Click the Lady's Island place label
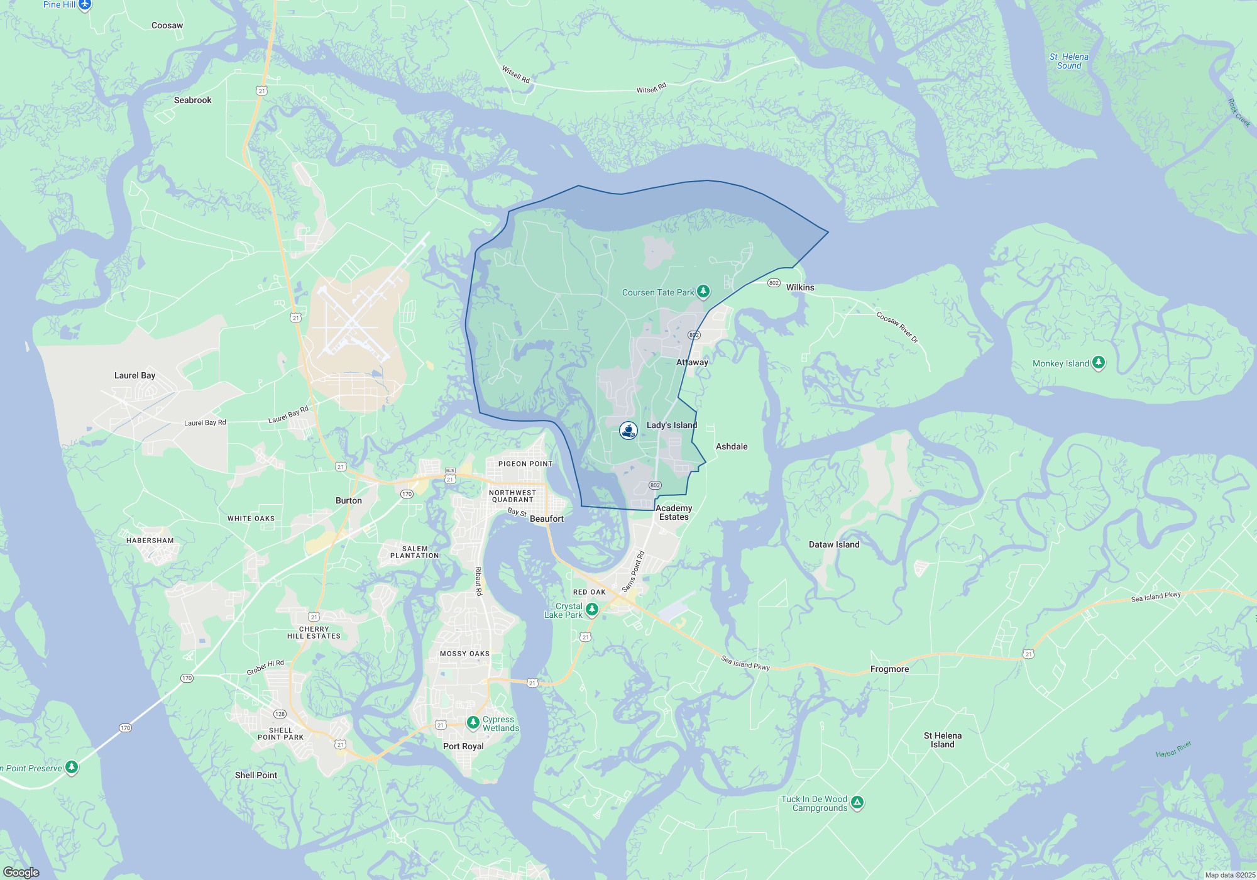(671, 426)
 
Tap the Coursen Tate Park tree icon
(703, 292)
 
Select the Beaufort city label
(546, 519)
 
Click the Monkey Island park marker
(1098, 363)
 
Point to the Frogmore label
(889, 669)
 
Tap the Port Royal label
(463, 747)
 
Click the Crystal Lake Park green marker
(591, 609)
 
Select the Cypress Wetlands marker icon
(473, 723)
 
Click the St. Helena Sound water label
(1068, 61)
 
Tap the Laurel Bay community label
(134, 376)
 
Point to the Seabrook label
(192, 101)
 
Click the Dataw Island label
(833, 545)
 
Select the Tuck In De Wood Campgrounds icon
(857, 803)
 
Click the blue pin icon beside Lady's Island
(628, 430)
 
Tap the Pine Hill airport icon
(85, 5)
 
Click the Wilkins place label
(799, 288)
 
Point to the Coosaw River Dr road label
(897, 327)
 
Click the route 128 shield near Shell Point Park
(280, 714)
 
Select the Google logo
(21, 872)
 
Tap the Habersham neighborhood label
(150, 541)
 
